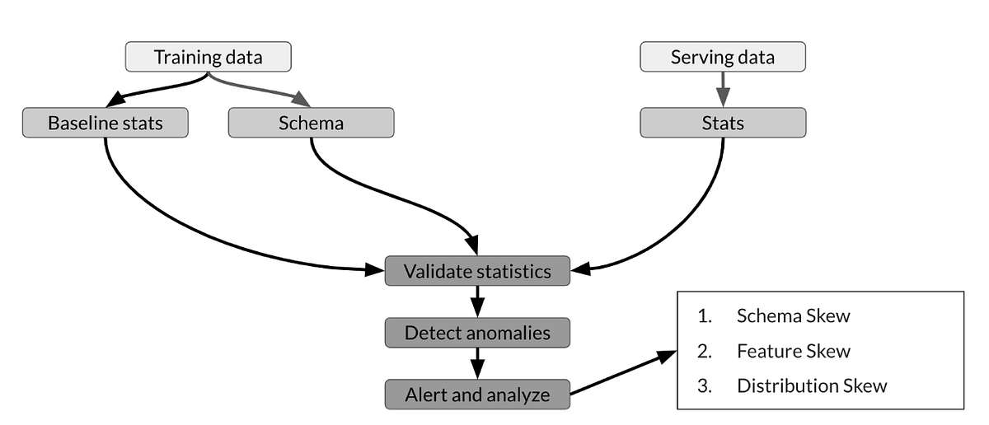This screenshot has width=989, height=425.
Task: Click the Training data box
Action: (x=209, y=58)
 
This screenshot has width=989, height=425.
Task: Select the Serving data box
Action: (x=722, y=58)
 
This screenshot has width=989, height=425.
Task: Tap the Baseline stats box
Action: (x=105, y=124)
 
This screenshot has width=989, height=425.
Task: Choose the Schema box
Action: (x=311, y=124)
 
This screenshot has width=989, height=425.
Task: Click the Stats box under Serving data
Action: (x=722, y=124)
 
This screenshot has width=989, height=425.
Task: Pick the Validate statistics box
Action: (x=477, y=271)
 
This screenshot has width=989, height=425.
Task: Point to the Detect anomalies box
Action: (x=477, y=333)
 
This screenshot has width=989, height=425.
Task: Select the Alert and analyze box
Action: (x=477, y=395)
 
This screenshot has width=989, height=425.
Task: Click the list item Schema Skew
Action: (x=793, y=316)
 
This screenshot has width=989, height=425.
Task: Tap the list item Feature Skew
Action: (x=793, y=352)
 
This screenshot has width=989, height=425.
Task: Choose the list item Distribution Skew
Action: (x=811, y=386)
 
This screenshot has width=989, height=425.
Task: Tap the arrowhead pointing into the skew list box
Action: (x=666, y=356)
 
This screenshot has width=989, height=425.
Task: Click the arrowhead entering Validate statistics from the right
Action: (x=579, y=269)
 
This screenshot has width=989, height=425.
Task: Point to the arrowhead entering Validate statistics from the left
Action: (x=376, y=269)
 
